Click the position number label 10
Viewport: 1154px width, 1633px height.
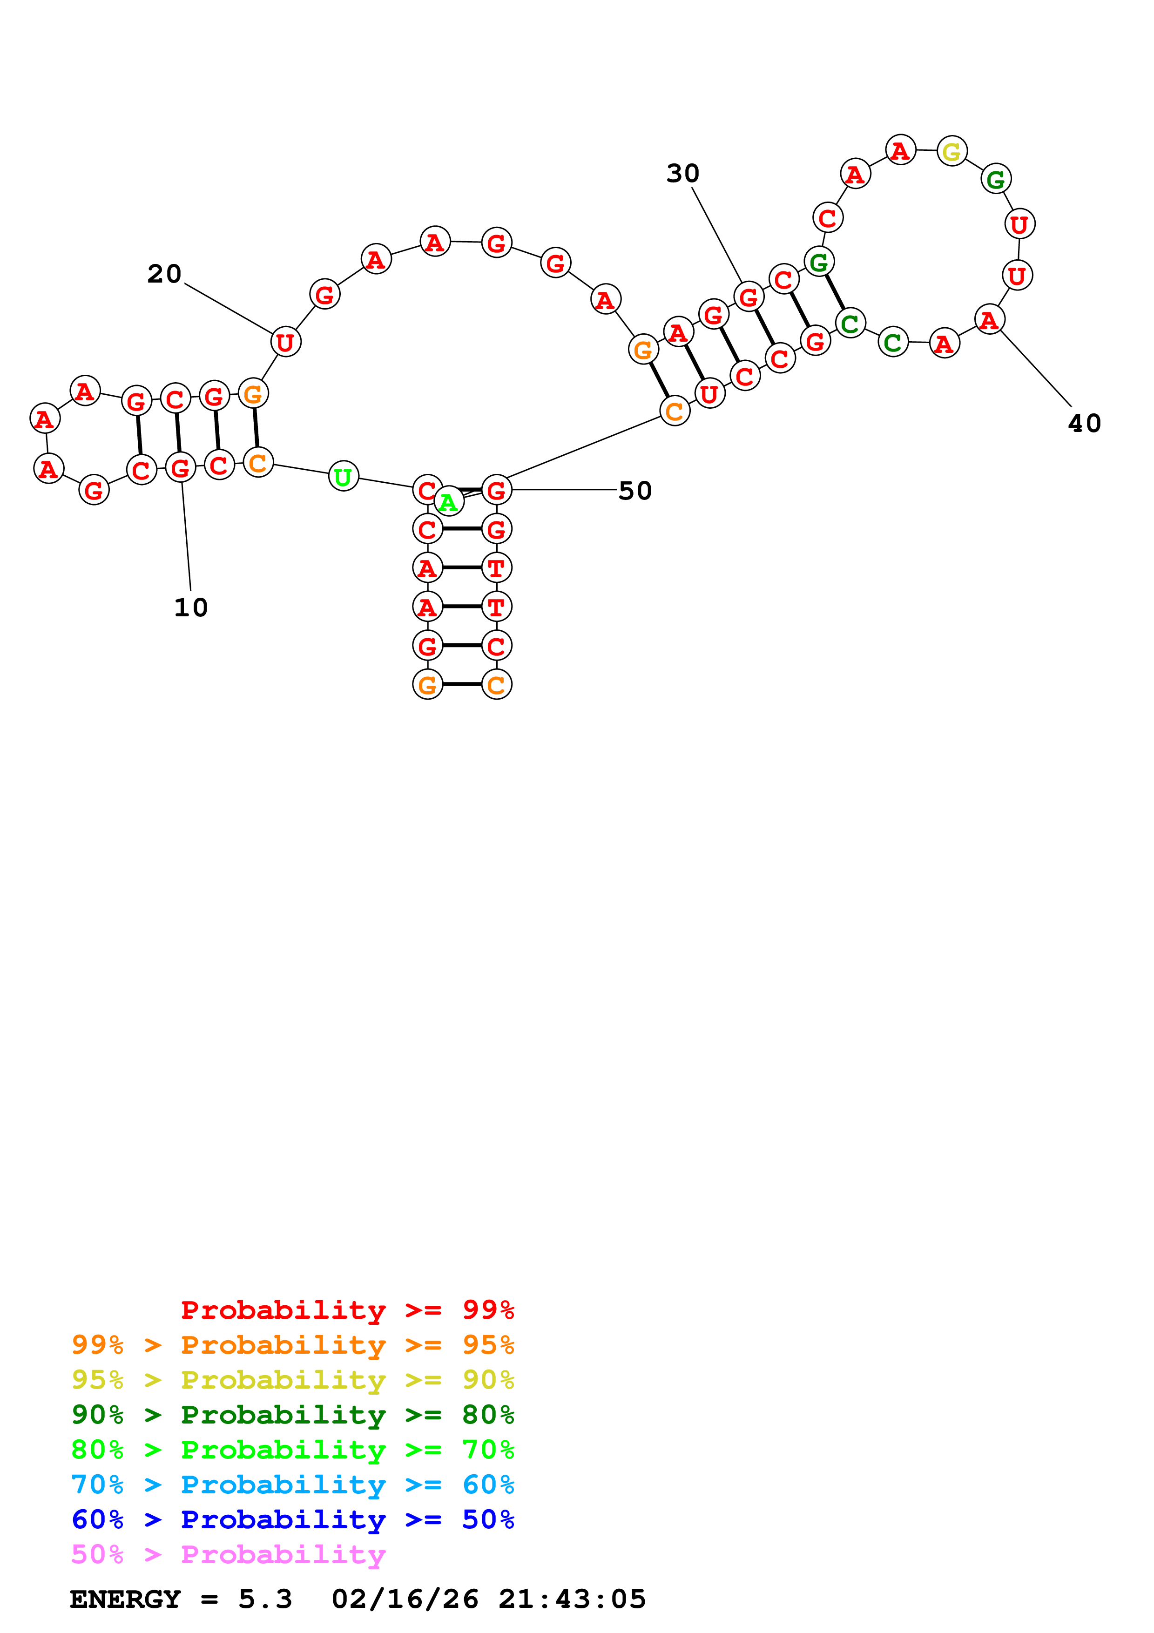coord(190,607)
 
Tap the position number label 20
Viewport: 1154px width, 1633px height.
coord(164,274)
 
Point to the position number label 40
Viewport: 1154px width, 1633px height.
coord(1084,424)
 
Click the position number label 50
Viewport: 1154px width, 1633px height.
coord(635,491)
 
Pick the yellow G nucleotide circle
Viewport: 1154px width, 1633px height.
coord(952,151)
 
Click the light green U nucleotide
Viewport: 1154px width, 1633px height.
coord(344,477)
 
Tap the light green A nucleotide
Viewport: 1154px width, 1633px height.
coord(448,502)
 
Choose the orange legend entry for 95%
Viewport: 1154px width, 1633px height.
coord(293,1345)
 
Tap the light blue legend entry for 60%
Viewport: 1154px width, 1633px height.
coord(293,1485)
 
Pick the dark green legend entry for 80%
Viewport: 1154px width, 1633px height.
coord(293,1415)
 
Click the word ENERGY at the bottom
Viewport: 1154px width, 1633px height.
coord(125,1599)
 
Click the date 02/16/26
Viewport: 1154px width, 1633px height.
coord(405,1599)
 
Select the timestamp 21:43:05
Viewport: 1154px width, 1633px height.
coord(572,1599)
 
